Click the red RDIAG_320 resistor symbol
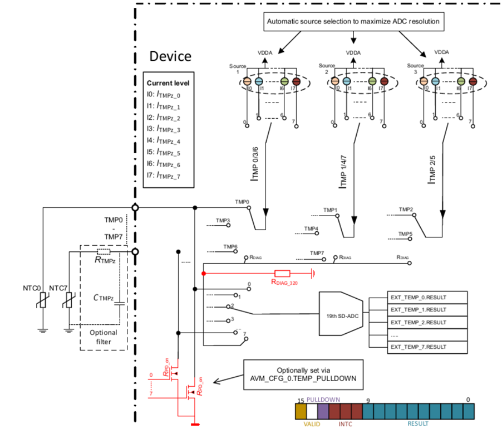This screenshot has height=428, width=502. click(x=282, y=274)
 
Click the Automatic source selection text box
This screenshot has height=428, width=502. click(x=353, y=22)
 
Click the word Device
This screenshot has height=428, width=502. click(x=170, y=56)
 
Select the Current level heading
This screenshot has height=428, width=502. click(x=168, y=83)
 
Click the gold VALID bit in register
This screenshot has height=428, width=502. click(x=301, y=412)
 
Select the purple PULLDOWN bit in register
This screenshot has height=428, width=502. click(x=323, y=412)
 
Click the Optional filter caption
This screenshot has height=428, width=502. click(x=103, y=337)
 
